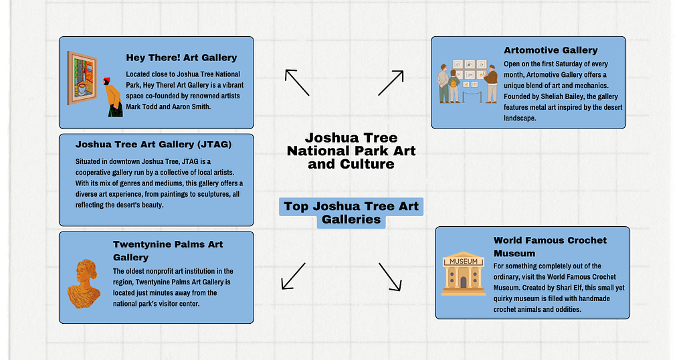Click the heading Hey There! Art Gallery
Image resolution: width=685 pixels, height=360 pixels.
(x=181, y=58)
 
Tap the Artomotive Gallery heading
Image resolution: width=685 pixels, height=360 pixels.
(x=551, y=50)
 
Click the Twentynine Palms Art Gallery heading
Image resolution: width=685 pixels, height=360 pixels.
(x=168, y=250)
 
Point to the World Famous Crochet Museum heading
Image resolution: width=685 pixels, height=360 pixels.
(x=550, y=246)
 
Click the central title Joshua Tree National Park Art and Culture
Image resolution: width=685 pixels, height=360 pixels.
(x=351, y=151)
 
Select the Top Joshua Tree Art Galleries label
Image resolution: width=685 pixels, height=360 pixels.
(x=351, y=212)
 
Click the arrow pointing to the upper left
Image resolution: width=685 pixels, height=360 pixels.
(x=296, y=82)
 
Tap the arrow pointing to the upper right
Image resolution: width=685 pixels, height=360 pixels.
(x=391, y=82)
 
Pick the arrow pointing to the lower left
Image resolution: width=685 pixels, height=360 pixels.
(x=293, y=276)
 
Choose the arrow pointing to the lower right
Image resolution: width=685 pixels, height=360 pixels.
(x=390, y=276)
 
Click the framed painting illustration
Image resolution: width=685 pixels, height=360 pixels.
(x=82, y=78)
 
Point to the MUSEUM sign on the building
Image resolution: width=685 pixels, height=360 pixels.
(x=464, y=261)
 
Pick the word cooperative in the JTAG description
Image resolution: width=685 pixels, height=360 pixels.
(x=96, y=173)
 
